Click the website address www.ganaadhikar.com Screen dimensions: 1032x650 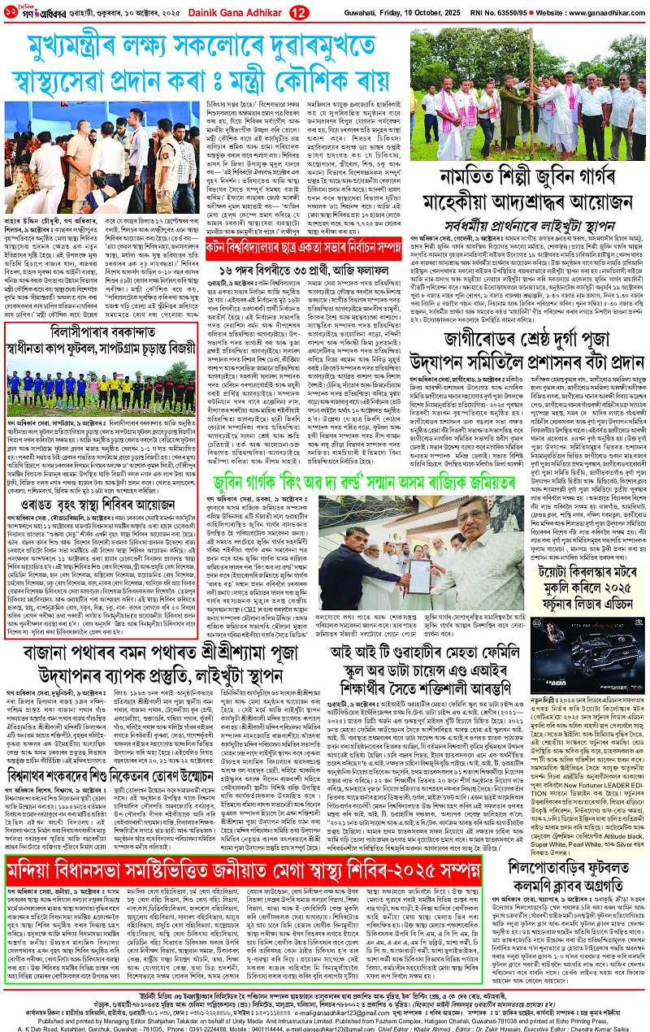[x=597, y=12]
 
